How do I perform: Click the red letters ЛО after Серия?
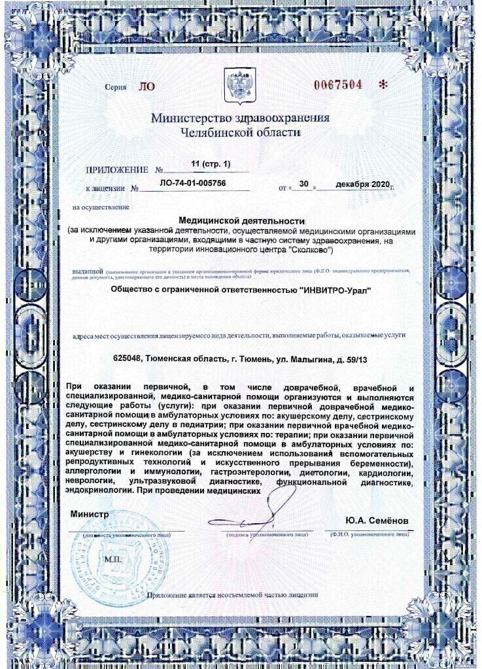coord(146,86)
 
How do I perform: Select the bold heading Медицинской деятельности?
coord(241,221)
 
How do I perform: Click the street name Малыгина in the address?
coord(307,358)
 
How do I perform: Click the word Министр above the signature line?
coord(90,515)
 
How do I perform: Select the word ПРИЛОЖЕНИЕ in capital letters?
coord(117,170)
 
